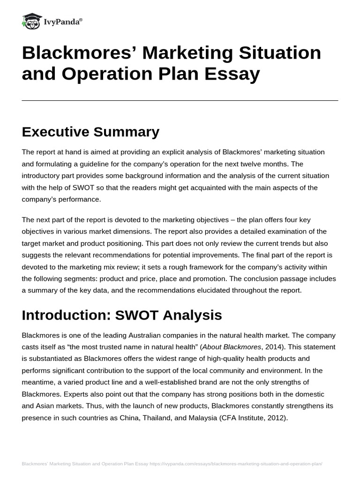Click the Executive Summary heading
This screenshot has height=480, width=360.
(x=90, y=132)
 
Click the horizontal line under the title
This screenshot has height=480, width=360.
(x=180, y=100)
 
